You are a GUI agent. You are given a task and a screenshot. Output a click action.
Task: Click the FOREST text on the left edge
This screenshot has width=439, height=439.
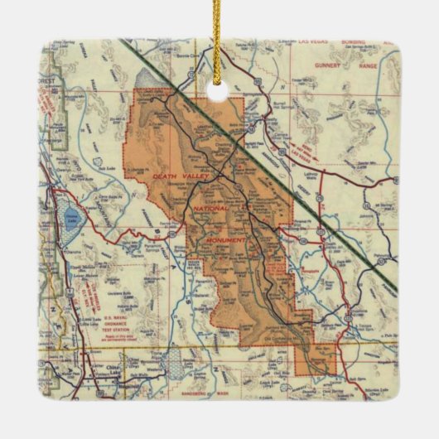point(54,82)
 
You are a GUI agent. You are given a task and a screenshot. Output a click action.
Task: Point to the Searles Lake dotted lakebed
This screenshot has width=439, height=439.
point(171,363)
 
